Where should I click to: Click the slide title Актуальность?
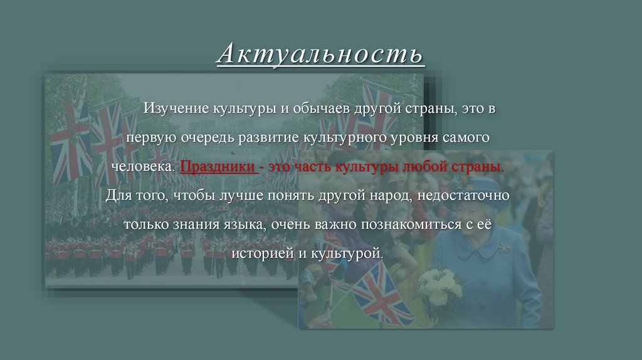click(320, 54)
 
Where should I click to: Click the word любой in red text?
click(433, 167)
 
